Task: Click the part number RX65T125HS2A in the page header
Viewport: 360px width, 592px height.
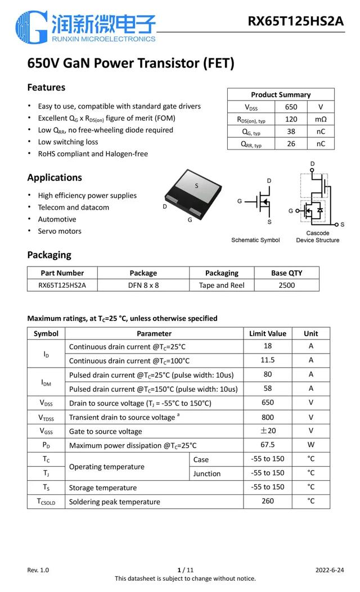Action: [295, 21]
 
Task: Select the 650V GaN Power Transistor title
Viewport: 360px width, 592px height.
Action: [130, 64]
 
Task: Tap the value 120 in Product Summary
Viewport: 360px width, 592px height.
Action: [291, 119]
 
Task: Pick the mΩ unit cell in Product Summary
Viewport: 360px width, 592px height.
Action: [321, 119]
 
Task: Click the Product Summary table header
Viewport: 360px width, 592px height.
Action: [281, 94]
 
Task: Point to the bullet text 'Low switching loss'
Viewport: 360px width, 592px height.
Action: [68, 142]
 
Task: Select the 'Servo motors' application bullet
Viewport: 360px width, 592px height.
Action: [60, 231]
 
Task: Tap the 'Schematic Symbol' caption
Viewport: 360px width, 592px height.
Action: [255, 240]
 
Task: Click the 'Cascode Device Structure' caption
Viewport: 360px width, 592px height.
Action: [318, 237]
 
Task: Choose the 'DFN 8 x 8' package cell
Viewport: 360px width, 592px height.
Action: [143, 285]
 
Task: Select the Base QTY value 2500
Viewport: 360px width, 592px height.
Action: [286, 285]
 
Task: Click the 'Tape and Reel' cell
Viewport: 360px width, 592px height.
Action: [222, 285]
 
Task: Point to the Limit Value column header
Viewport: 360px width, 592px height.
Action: [268, 333]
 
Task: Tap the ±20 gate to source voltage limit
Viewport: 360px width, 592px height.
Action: [268, 431]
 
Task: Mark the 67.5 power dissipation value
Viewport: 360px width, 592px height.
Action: [268, 445]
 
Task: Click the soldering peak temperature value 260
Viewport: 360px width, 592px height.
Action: [268, 501]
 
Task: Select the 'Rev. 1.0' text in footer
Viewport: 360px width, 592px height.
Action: [38, 570]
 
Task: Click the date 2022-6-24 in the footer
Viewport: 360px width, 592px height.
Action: [329, 570]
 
